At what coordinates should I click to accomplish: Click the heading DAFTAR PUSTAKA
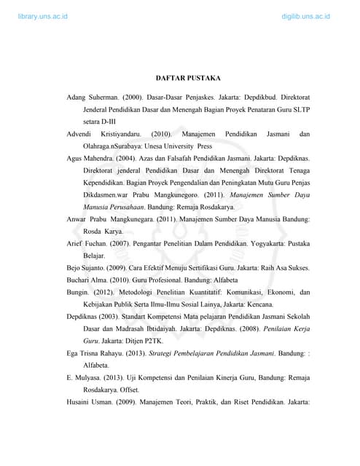(x=188, y=77)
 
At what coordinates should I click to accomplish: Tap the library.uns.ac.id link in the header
(x=44, y=15)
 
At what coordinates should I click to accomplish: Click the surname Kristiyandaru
(x=120, y=134)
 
